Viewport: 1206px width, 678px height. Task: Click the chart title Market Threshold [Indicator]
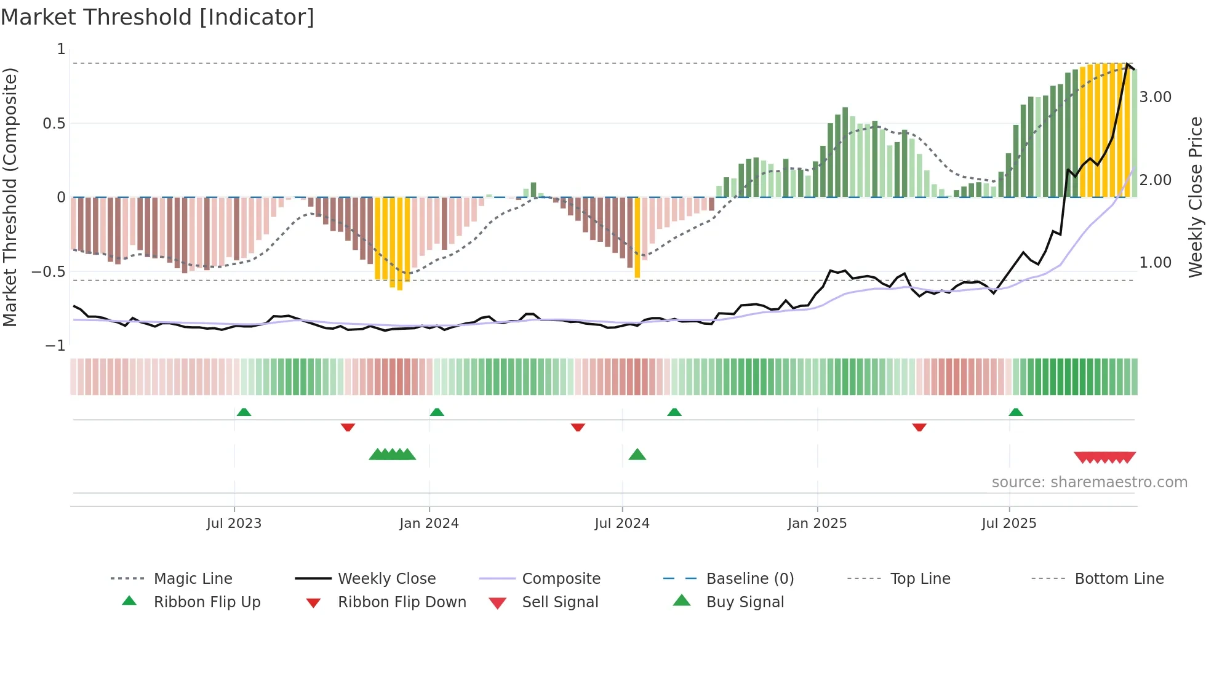tap(158, 17)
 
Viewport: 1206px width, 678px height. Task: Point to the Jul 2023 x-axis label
tap(234, 523)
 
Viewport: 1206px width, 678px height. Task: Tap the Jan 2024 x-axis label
tap(429, 523)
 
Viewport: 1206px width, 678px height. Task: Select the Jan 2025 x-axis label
tap(817, 523)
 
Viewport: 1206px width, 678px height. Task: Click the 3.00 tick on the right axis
tap(1155, 97)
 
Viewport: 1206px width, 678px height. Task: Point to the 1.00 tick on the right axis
tap(1155, 263)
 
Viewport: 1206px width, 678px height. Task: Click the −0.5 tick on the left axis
tap(49, 271)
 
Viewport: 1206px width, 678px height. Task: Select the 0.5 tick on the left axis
tap(54, 123)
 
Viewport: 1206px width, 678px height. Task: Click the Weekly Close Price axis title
tap(1195, 197)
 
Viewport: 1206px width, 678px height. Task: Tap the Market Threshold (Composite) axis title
tap(10, 197)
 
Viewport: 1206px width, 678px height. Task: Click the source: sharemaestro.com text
tap(1089, 482)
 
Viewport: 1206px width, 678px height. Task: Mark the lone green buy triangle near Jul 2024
tap(637, 455)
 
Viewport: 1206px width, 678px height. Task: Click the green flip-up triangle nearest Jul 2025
tap(1016, 412)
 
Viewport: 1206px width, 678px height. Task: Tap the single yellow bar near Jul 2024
tap(637, 237)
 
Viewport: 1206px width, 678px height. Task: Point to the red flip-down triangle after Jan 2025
tap(919, 427)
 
